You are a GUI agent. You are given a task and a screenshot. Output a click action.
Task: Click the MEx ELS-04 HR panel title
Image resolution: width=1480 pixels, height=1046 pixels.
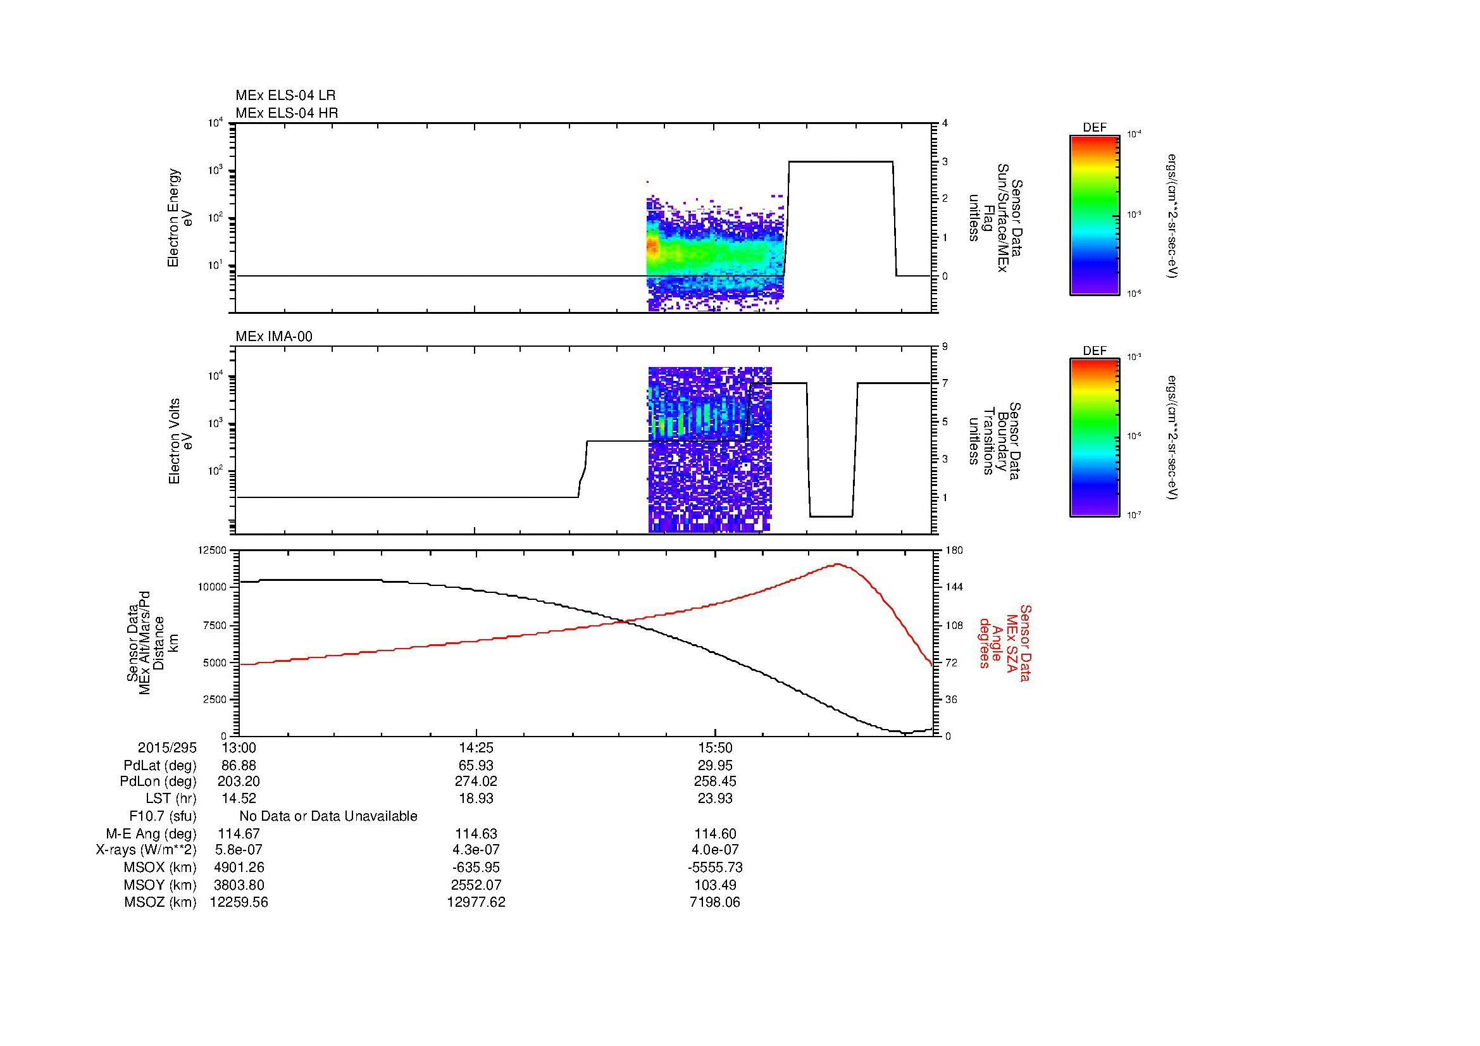coord(287,113)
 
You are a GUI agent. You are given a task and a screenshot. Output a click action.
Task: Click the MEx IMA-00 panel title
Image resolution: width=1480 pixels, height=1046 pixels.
coord(274,337)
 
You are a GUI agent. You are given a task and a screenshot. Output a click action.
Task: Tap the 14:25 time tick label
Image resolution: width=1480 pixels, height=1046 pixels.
coord(476,748)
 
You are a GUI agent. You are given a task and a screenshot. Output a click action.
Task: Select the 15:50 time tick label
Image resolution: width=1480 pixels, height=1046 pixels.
coord(715,748)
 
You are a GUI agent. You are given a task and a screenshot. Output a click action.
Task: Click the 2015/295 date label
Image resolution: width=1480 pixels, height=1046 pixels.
coord(167,748)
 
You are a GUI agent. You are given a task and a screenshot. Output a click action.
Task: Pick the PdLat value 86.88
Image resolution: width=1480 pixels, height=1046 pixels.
coord(239,766)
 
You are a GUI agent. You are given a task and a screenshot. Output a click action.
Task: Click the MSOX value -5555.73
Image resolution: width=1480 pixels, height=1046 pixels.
coord(715,868)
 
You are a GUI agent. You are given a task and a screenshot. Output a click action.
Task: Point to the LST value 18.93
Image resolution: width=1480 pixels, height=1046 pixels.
coord(476,799)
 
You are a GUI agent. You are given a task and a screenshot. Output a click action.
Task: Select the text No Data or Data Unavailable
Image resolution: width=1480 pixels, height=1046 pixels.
coord(328,816)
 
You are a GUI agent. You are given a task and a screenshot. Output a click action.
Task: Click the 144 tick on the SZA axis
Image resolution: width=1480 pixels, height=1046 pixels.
coord(954,587)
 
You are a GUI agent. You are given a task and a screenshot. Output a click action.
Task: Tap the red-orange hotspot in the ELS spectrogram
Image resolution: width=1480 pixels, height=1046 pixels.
coord(652,247)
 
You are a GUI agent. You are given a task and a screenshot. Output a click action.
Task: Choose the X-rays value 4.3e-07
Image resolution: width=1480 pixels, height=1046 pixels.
coord(476,850)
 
